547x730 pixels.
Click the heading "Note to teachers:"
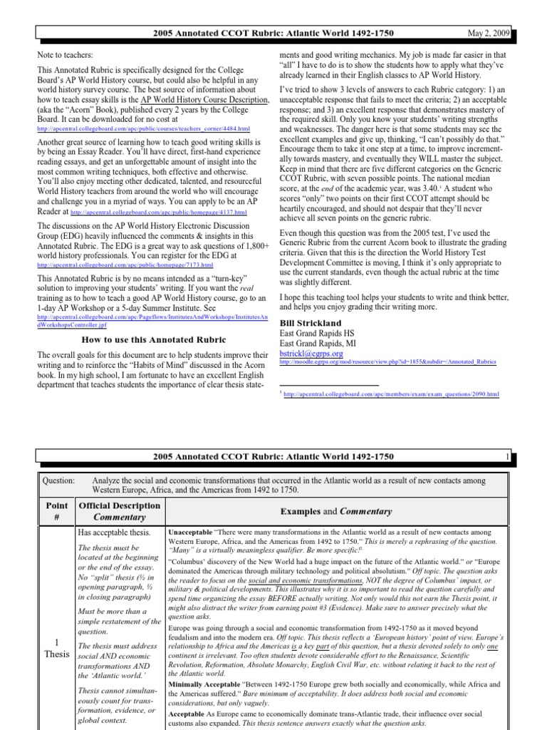[x=66, y=55]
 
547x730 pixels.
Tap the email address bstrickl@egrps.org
[x=312, y=353]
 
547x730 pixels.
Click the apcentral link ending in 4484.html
[x=143, y=129]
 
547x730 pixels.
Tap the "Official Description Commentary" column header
[x=120, y=511]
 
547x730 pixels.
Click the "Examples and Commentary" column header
[x=336, y=511]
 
